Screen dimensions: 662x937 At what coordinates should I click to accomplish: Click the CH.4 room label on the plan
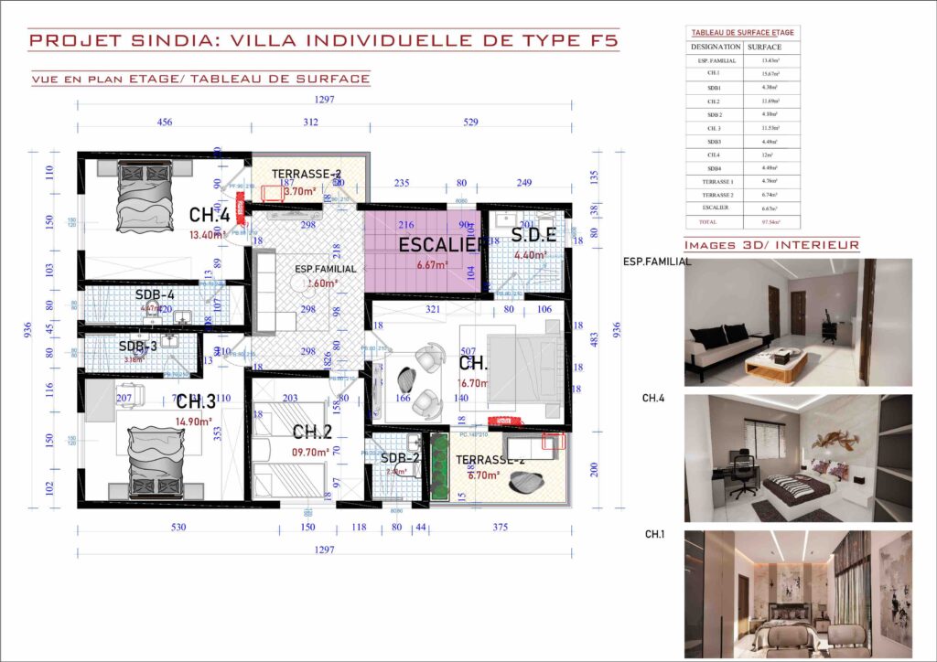[209, 216]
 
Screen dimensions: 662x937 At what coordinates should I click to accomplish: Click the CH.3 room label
[196, 401]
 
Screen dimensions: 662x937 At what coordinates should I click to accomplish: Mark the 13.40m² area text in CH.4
[207, 234]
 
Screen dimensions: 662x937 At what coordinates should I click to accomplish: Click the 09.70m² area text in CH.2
[310, 452]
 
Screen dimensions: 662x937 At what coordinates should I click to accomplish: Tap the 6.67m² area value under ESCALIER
[432, 265]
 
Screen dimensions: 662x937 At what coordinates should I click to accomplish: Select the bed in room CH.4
[145, 197]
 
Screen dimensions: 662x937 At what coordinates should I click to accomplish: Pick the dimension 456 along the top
[165, 122]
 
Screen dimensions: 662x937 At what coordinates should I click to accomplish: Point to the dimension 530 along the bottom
[178, 527]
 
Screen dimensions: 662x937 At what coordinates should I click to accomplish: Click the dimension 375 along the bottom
[500, 527]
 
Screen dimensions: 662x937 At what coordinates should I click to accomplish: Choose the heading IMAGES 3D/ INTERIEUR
[771, 245]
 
